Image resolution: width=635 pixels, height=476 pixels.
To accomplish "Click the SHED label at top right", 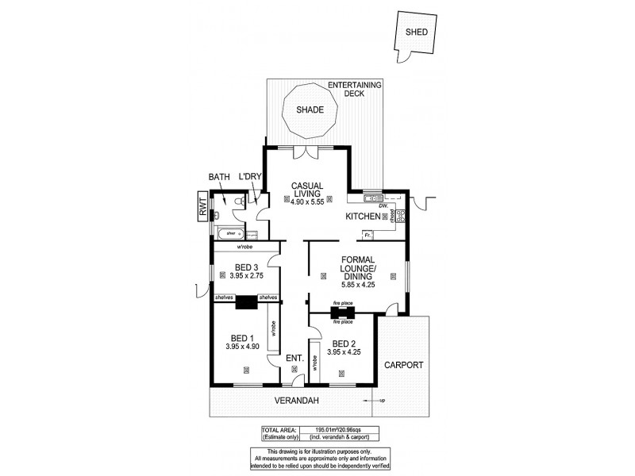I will point(417,33).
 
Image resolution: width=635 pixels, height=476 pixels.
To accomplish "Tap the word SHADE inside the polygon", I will point(310,109).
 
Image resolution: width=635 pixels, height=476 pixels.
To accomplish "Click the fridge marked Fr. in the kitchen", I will point(368,235).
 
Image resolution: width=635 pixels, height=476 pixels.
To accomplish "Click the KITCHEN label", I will point(361,216).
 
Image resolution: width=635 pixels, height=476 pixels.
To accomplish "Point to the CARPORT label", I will point(404,366).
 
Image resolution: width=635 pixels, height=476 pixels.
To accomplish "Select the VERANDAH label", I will point(297,401).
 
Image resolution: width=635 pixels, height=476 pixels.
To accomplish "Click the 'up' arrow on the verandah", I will point(381,401).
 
